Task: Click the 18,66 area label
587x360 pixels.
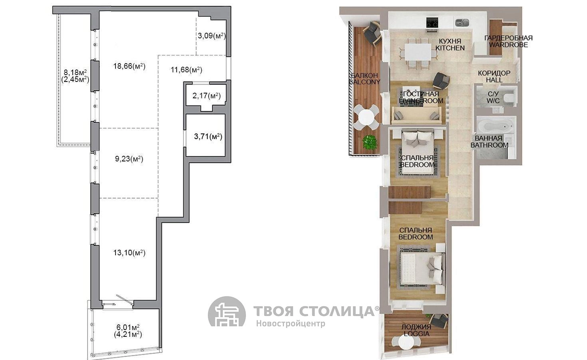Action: tap(129, 66)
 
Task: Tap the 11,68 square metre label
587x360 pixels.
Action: tap(186, 70)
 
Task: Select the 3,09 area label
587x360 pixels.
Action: tap(212, 36)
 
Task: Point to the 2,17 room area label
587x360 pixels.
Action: tap(207, 96)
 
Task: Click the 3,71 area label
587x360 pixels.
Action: tap(208, 137)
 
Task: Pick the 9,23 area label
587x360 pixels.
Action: tap(129, 159)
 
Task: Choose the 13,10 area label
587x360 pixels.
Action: tap(129, 253)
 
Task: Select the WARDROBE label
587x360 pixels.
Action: tap(508, 45)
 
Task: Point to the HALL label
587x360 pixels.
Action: tap(494, 80)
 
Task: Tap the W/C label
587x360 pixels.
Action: tap(493, 100)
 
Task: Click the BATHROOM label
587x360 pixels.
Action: tap(489, 145)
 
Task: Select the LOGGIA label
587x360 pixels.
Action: tap(416, 334)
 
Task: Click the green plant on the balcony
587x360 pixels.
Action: tap(370, 142)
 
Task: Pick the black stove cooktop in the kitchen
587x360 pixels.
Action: tap(432, 22)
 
